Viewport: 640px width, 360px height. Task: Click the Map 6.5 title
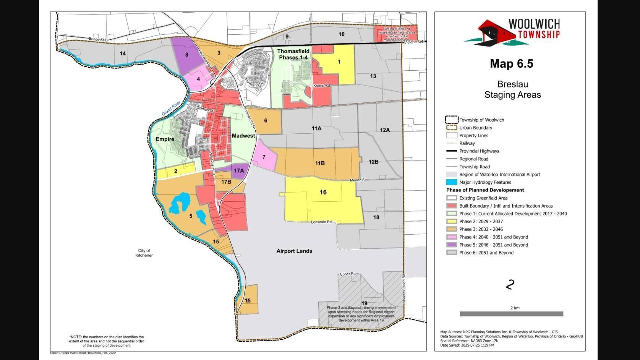coord(511,63)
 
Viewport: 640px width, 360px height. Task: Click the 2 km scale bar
coord(511,314)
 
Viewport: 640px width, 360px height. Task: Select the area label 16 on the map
coord(323,192)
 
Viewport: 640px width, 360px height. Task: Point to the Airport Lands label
coord(294,251)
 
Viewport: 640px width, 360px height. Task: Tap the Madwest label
coord(243,136)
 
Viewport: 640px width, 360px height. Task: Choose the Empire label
coord(165,139)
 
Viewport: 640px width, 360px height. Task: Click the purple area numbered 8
coord(187,55)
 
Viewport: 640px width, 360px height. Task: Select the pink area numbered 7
coord(264,157)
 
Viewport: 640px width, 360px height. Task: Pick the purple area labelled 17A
coord(239,170)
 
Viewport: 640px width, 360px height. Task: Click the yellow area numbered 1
coord(339,62)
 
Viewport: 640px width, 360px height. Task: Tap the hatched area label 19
coord(365,303)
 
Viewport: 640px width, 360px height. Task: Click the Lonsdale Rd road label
coord(321,222)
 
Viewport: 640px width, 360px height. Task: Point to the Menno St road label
coord(358,180)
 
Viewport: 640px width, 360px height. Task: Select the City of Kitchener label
coord(144,253)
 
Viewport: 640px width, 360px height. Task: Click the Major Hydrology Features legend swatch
coord(452,182)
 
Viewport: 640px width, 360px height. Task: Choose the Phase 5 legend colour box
coord(452,245)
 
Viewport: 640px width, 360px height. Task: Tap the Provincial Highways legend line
coord(452,151)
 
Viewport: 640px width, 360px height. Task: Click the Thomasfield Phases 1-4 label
coord(293,54)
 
